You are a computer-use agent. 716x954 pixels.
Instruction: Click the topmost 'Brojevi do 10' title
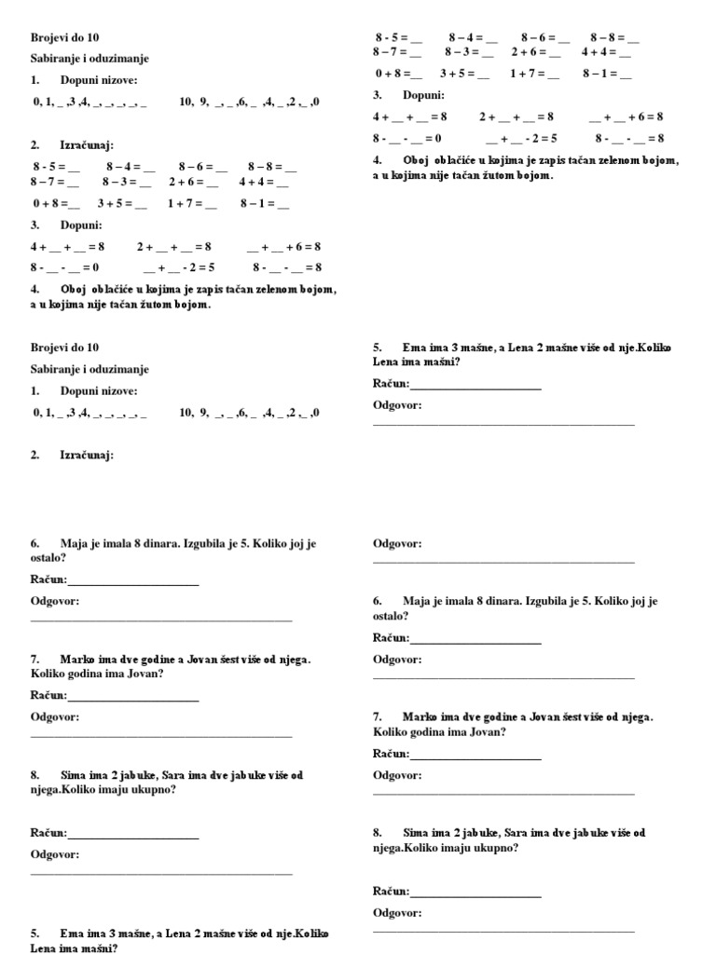63,37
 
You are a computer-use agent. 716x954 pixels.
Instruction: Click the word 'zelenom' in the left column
265,290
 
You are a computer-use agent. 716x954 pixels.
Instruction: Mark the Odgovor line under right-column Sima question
503,931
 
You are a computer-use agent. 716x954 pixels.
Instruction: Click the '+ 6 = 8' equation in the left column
283,247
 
